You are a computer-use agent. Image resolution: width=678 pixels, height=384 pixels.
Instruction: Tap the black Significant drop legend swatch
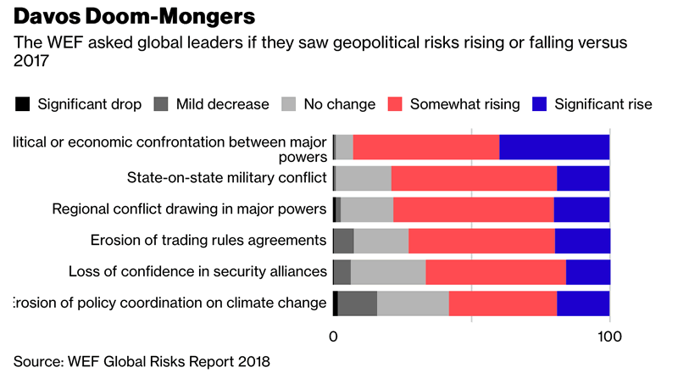click(23, 104)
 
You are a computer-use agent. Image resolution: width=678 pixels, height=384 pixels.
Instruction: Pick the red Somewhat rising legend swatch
click(394, 104)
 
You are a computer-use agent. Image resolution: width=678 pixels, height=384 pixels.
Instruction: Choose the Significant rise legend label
click(603, 104)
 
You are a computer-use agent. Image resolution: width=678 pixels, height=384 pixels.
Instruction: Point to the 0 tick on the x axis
click(333, 337)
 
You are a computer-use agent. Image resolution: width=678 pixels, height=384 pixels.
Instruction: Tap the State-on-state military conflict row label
click(226, 177)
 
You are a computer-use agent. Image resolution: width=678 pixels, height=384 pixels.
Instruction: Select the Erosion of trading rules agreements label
click(208, 240)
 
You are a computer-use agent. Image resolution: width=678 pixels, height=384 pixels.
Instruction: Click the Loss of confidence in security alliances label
click(197, 271)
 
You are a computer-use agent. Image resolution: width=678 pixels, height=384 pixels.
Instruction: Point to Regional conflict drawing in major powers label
click(189, 209)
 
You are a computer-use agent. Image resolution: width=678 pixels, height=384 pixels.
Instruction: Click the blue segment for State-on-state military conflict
click(583, 178)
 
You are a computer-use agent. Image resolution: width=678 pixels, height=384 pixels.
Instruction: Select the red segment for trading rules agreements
click(481, 241)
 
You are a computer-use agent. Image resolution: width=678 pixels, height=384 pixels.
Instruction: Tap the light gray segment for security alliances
click(388, 272)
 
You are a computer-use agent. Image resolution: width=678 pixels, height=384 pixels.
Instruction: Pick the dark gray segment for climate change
click(358, 303)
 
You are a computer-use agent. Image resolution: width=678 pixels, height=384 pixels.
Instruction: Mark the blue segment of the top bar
click(554, 147)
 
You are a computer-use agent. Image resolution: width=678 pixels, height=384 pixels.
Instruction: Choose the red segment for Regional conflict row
click(473, 209)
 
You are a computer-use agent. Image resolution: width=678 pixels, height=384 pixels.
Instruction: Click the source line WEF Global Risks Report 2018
click(142, 362)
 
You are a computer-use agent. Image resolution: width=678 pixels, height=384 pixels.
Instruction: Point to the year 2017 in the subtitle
click(31, 61)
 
